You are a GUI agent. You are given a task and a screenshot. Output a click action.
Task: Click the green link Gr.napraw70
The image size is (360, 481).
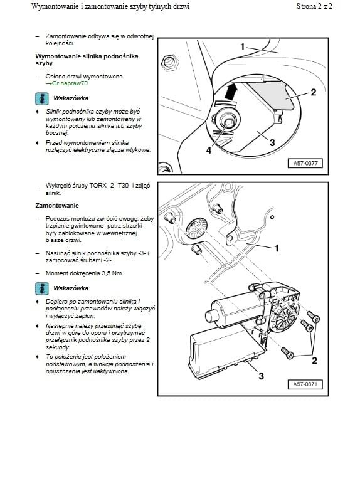tap(70, 83)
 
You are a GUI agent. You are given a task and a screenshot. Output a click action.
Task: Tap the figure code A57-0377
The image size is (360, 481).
tap(305, 163)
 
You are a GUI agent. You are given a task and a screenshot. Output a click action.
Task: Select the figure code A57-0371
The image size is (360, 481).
tap(305, 384)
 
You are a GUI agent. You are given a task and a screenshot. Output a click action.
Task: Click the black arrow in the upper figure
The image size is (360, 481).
tap(231, 92)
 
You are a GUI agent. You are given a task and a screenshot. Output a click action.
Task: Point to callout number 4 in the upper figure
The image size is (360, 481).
tap(209, 151)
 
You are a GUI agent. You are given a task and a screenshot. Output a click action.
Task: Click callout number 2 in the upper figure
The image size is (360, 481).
tap(314, 92)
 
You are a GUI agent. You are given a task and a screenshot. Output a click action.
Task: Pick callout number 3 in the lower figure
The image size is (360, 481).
tap(261, 376)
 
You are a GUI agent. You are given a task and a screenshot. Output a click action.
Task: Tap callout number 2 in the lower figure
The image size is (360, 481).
tap(314, 361)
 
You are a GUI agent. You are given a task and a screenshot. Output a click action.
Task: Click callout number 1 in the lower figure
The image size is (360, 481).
tap(277, 248)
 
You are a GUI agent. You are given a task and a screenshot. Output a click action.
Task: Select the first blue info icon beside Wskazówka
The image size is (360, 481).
tap(42, 99)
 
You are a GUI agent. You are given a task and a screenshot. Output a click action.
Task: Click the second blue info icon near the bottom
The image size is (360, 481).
tap(42, 288)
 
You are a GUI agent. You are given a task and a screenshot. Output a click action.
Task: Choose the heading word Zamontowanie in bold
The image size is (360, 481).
tap(57, 206)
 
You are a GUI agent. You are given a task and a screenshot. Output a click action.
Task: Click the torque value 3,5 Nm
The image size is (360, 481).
tap(112, 273)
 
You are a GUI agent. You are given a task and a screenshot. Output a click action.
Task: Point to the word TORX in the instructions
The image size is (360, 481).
tap(98, 186)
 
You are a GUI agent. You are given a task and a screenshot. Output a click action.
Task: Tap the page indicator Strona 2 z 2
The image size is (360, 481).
tap(314, 6)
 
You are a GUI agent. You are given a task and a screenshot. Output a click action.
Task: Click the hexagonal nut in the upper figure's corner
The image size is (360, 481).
tap(170, 63)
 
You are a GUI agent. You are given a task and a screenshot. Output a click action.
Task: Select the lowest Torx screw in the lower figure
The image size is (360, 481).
tap(288, 353)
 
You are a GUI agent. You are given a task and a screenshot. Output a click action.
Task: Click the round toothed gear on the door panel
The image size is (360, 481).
tap(196, 228)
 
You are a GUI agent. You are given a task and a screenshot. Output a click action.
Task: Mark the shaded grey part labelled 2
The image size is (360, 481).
tap(270, 95)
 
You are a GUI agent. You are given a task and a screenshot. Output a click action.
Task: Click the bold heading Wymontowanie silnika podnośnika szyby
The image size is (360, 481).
tap(87, 60)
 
